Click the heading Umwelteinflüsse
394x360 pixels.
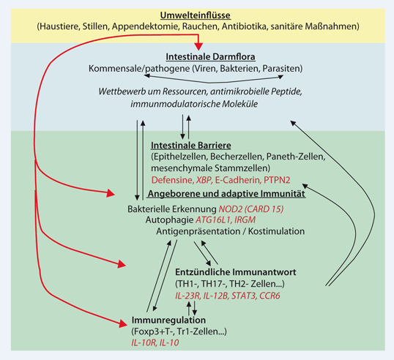pyautogui.click(x=196, y=15)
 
